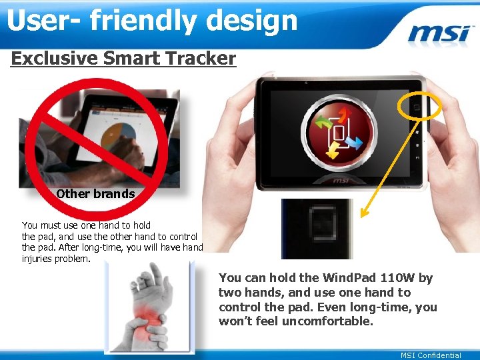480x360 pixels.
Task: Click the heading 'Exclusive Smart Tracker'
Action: [x=123, y=59]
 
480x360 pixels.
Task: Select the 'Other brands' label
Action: [x=95, y=195]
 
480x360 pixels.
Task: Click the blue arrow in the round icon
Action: [x=354, y=143]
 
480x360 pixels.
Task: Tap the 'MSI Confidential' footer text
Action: [x=431, y=355]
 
